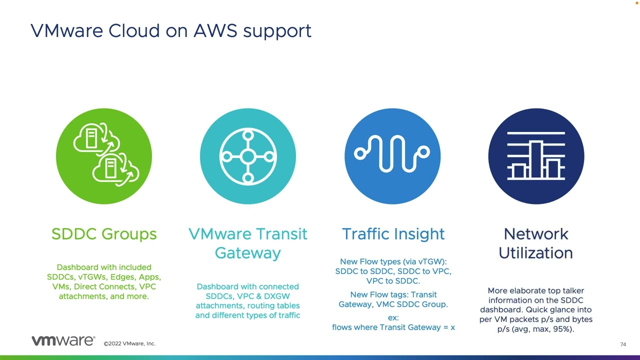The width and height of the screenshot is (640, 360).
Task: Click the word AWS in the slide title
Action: tap(215, 30)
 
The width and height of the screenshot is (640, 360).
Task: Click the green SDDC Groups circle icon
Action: tap(104, 156)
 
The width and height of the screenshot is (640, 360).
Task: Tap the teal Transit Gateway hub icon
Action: tap(248, 156)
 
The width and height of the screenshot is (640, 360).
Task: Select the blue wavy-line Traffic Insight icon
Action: tap(392, 156)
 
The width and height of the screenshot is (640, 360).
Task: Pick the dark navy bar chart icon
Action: tap(536, 156)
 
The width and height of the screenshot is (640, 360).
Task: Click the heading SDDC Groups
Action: tap(104, 234)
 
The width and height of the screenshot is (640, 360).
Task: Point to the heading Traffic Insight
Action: tap(393, 234)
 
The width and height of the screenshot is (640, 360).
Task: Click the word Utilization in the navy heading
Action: tap(535, 253)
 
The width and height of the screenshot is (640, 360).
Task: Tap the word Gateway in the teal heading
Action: tap(247, 253)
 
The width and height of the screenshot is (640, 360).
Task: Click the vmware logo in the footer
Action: tap(63, 340)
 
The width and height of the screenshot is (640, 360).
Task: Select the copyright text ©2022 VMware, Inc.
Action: tap(129, 343)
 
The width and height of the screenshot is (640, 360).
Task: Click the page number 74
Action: tap(623, 344)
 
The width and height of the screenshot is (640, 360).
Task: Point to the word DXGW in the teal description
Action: tap(276, 296)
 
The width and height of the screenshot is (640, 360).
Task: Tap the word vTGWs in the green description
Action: tap(92, 277)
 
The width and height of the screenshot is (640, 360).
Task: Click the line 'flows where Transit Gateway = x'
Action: tap(393, 327)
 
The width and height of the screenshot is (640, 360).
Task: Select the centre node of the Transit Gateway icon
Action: tap(248, 156)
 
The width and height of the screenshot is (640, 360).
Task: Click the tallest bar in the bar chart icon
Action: tap(536, 159)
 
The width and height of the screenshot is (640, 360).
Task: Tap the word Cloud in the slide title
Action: tap(134, 30)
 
